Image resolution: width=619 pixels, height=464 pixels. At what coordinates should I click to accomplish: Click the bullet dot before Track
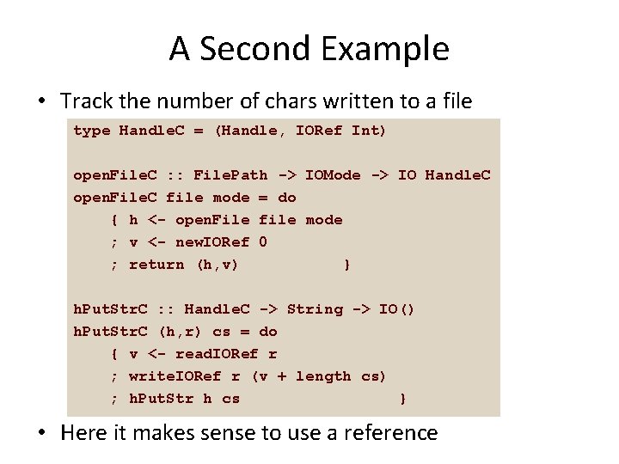[41, 101]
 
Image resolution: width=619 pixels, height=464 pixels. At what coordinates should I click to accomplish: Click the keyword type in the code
[91, 131]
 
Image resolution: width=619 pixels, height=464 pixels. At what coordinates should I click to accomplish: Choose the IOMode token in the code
[333, 175]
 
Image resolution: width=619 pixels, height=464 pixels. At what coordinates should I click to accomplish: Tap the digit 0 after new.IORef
[263, 242]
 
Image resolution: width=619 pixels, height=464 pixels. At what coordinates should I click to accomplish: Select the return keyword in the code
[156, 265]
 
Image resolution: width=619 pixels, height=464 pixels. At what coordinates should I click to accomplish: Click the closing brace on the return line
[346, 265]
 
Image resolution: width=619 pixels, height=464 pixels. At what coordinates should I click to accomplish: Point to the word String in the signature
[314, 309]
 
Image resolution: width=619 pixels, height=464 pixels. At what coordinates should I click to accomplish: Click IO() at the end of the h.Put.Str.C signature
[397, 309]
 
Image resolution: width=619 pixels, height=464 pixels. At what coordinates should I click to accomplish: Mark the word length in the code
[323, 376]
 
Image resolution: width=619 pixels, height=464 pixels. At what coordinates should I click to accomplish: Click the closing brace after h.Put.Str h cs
[402, 399]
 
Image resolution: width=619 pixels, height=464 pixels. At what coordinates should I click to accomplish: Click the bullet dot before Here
[41, 433]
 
